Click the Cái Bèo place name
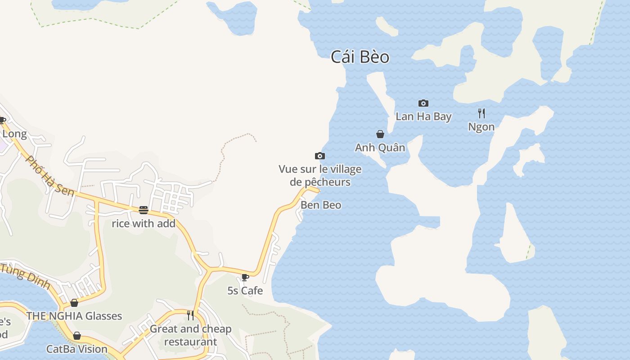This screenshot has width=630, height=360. (x=360, y=57)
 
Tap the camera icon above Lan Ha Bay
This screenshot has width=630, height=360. (x=423, y=103)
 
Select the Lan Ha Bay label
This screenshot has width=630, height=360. (x=423, y=117)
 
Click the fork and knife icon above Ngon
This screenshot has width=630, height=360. (x=481, y=113)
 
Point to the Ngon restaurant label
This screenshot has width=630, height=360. (x=481, y=127)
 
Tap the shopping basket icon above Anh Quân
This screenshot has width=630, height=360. (x=380, y=134)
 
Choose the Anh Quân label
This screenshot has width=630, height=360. (x=380, y=148)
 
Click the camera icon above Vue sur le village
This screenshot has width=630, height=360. (x=319, y=156)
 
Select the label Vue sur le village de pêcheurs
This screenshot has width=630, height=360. (x=320, y=175)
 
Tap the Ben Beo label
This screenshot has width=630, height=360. (x=321, y=205)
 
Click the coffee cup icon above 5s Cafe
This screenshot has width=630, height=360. (x=245, y=277)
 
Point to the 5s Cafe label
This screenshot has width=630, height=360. (x=245, y=291)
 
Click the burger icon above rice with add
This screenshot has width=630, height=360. (x=144, y=210)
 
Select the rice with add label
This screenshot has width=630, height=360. (x=144, y=224)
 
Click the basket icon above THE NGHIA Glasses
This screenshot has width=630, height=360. (x=74, y=303)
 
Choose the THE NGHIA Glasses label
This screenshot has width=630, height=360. (x=74, y=316)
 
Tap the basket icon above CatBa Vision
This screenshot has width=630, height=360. (x=77, y=336)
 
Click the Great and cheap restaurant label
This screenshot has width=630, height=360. (x=190, y=335)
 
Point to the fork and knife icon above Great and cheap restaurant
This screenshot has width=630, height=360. (x=190, y=315)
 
